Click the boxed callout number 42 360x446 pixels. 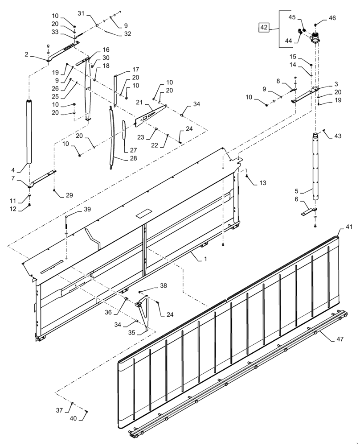pos(264,28)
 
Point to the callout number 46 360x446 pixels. pos(332,18)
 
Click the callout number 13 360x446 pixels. pos(262,183)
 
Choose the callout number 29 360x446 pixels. pos(69,195)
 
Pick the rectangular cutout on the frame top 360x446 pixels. pos(143,213)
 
